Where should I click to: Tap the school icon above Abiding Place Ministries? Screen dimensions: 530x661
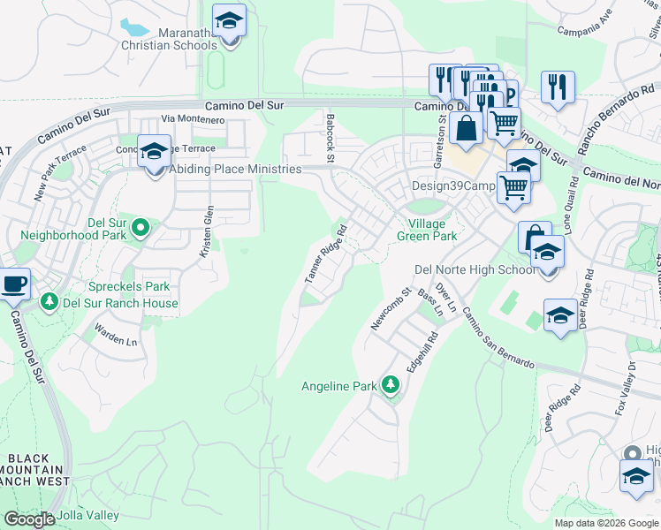point(154,151)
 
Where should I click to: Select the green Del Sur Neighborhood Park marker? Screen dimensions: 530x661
point(140,230)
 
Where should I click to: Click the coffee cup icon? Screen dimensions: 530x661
point(13,285)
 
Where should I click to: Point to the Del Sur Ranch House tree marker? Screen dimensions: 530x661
point(49,303)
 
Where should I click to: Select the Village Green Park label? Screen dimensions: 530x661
point(433,231)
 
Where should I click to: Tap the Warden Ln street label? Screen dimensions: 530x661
point(117,337)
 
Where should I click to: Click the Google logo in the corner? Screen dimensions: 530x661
point(29,519)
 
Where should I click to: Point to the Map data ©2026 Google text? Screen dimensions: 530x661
point(606,523)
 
